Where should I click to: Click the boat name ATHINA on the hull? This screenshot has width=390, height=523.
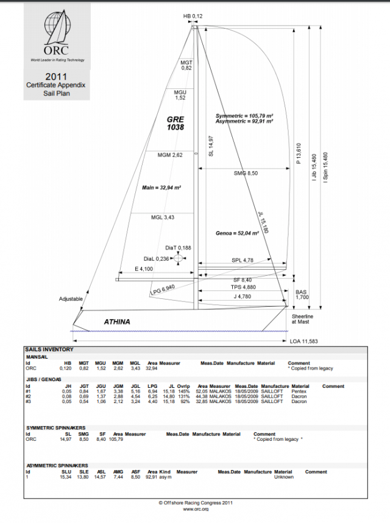117,321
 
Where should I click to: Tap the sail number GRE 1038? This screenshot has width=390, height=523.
175,124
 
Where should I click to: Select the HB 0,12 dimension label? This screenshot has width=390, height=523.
193,15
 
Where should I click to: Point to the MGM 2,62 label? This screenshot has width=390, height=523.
170,155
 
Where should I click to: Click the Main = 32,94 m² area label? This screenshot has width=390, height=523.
158,187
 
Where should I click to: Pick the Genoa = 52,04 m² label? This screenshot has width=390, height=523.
238,233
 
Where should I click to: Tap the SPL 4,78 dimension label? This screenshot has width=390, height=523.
242,261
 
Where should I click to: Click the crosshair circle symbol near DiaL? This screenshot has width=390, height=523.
178,258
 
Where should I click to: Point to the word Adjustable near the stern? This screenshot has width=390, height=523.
71,299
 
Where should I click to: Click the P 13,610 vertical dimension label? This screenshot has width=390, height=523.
299,155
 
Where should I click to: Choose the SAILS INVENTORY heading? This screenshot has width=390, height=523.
49,349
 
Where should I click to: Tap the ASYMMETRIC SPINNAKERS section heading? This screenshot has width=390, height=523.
55,465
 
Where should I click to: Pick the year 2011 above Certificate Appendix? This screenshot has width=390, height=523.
55,77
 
